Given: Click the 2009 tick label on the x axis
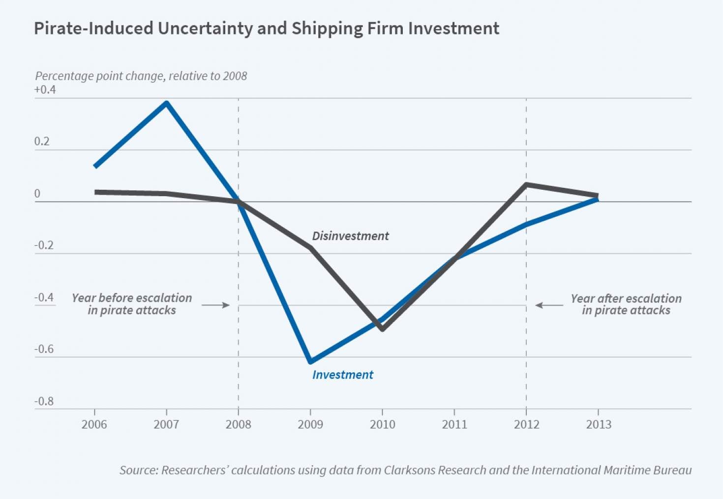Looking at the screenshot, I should (x=310, y=424).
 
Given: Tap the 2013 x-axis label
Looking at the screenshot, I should (x=599, y=424).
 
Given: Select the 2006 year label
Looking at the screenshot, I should (x=94, y=424).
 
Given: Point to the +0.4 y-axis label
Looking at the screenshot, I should (x=45, y=89).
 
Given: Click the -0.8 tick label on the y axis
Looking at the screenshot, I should (x=44, y=401).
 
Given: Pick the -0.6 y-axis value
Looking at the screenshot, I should (x=44, y=349).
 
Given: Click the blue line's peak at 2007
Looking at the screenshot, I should (x=167, y=103).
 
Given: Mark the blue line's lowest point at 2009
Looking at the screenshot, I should (x=310, y=362).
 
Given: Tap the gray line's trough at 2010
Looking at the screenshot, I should (x=382, y=329).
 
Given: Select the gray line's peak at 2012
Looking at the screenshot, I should (x=526, y=185).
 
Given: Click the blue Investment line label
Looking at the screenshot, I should (x=343, y=375).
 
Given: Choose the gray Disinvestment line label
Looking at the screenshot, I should (x=350, y=236).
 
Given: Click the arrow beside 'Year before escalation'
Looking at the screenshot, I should (x=215, y=305).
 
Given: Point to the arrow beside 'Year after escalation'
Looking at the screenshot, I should (x=549, y=305).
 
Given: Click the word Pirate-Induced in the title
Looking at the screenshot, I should (x=93, y=29).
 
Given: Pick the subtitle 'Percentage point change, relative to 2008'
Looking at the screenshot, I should (x=141, y=76).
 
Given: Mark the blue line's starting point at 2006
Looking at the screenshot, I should (x=95, y=166).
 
